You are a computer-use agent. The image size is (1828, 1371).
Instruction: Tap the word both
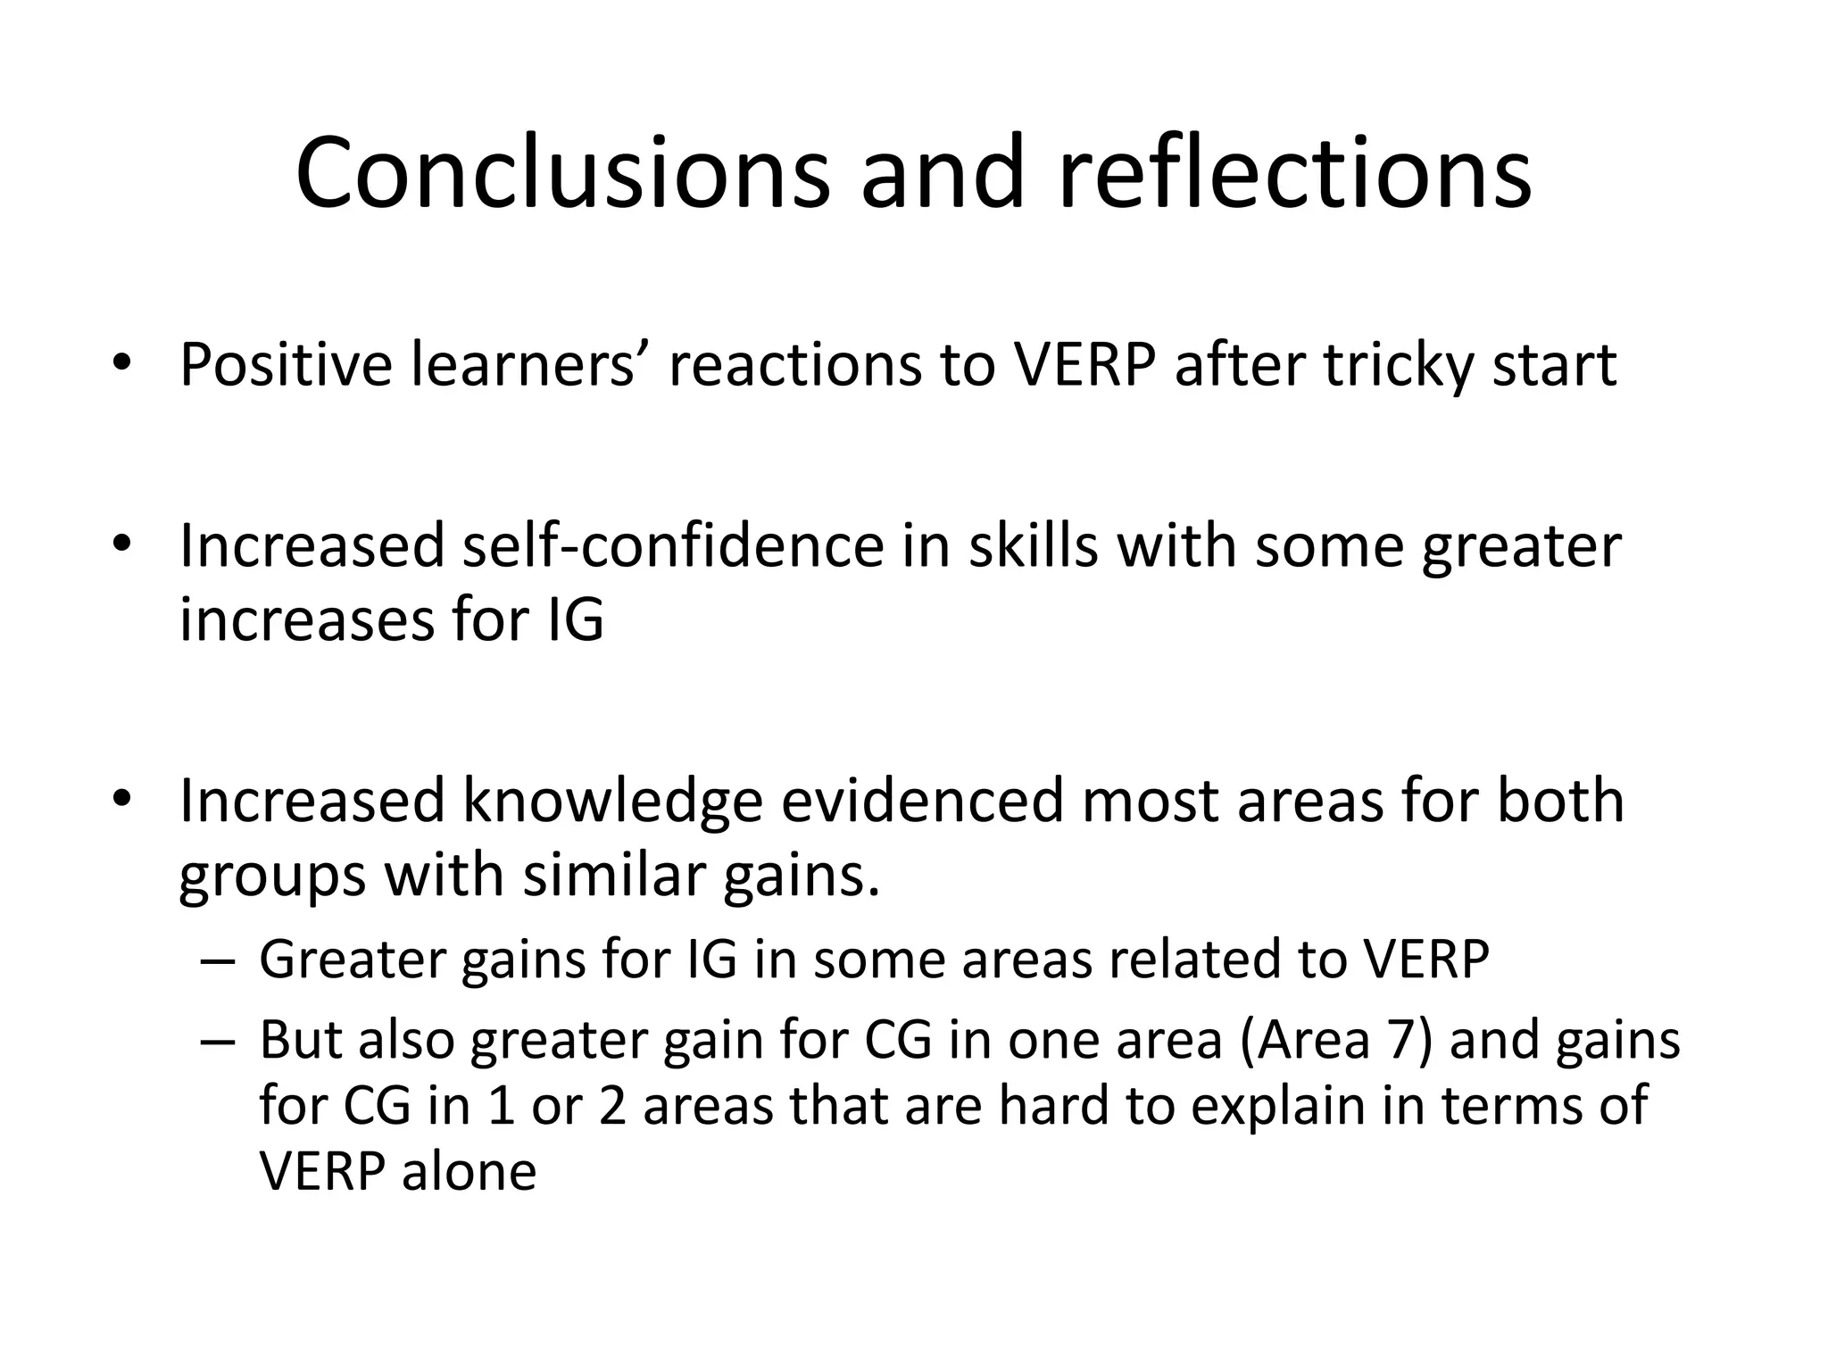click(x=1559, y=801)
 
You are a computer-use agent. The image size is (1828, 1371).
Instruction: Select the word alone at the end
click(x=469, y=1171)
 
